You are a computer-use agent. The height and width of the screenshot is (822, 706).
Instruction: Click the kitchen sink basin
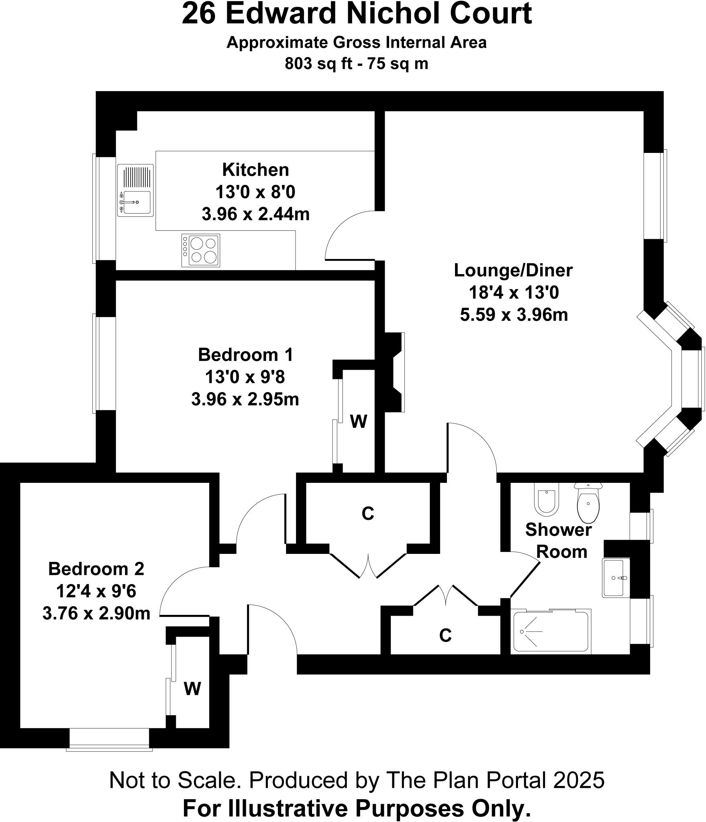[x=137, y=202]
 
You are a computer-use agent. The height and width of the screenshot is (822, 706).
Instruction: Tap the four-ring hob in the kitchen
[x=201, y=250]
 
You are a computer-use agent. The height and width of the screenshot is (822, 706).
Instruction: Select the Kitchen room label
[x=255, y=170]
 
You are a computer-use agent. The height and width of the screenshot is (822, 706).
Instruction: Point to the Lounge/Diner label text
[x=513, y=270]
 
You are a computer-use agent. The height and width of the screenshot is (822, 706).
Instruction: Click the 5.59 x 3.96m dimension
[x=514, y=315]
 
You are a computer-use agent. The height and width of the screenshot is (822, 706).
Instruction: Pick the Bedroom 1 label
[x=245, y=355]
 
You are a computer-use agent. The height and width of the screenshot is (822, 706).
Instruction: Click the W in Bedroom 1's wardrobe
[x=358, y=421]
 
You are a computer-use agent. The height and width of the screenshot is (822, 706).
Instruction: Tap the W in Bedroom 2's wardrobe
[x=192, y=689]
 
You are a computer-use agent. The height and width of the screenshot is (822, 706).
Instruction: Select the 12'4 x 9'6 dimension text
[x=96, y=591]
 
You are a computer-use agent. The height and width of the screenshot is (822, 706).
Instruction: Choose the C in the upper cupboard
[x=367, y=513]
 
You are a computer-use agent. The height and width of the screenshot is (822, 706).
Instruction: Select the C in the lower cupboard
[x=445, y=635]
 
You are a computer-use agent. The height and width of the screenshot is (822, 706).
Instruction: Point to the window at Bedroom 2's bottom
[x=110, y=738]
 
